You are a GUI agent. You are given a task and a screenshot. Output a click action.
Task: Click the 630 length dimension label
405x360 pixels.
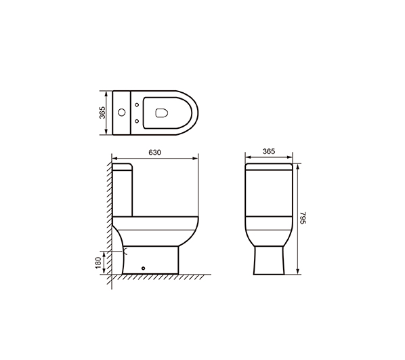(x=154, y=153)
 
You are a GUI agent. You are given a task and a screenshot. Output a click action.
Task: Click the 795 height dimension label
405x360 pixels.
(x=303, y=218)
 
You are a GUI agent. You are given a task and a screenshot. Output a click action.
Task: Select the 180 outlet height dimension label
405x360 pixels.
(x=98, y=262)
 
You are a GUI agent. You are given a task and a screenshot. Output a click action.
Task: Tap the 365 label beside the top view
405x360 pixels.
(x=102, y=113)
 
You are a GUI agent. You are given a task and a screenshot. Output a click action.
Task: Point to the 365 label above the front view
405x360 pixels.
(x=269, y=151)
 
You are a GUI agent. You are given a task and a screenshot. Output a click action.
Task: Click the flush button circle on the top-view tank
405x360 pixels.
(x=122, y=113)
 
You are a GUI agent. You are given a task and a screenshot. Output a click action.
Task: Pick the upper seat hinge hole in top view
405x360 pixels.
(x=137, y=104)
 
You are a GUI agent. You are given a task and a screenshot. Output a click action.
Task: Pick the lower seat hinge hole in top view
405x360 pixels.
(x=137, y=121)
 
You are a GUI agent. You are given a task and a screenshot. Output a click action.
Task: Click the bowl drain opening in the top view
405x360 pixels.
(x=162, y=113)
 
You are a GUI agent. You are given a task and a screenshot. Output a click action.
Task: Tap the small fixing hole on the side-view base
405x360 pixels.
(x=144, y=268)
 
